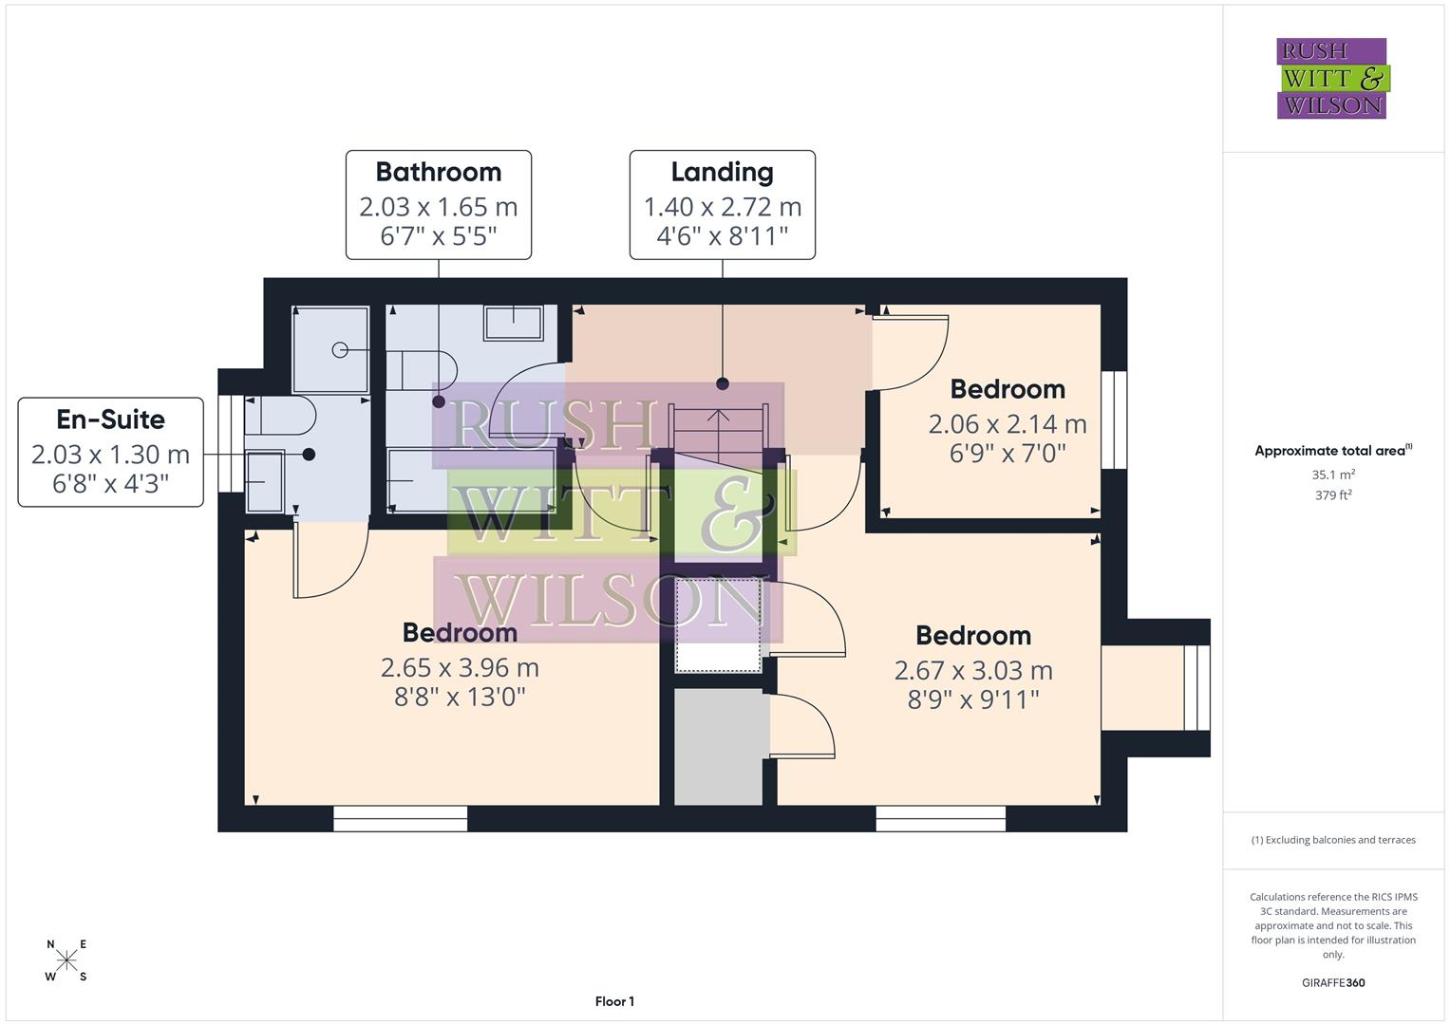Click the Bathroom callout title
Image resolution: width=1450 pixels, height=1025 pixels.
pyautogui.click(x=438, y=172)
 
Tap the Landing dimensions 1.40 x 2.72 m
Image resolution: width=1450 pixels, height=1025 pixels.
pyautogui.click(x=722, y=206)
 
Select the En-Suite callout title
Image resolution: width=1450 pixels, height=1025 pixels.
pyautogui.click(x=110, y=419)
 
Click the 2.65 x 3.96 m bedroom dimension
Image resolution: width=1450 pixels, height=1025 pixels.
pyautogui.click(x=460, y=668)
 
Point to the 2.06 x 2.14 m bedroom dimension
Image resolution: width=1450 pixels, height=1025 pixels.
pyautogui.click(x=1007, y=424)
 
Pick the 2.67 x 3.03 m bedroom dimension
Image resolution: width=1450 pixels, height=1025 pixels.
pyautogui.click(x=973, y=671)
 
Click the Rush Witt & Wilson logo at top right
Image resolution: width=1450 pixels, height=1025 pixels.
pyautogui.click(x=1331, y=79)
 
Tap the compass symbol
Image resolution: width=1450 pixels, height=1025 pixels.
pyautogui.click(x=66, y=960)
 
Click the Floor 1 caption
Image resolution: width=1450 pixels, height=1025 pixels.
pyautogui.click(x=614, y=1001)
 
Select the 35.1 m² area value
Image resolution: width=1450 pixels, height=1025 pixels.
pyautogui.click(x=1332, y=475)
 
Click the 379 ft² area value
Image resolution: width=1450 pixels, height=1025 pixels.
pyautogui.click(x=1332, y=495)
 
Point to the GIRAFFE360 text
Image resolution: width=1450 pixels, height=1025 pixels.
pyautogui.click(x=1332, y=982)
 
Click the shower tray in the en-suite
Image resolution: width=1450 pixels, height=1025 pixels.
pyautogui.click(x=330, y=349)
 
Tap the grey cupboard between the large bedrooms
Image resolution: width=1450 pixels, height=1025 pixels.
pyautogui.click(x=718, y=747)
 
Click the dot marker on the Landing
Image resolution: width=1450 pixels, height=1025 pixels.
pyautogui.click(x=723, y=383)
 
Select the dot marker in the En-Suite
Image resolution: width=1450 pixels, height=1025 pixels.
pyautogui.click(x=309, y=455)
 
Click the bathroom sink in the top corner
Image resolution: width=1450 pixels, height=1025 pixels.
pyautogui.click(x=514, y=322)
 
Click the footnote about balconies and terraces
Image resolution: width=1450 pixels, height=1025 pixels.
pyautogui.click(x=1332, y=840)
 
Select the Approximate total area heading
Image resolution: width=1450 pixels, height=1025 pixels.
pyautogui.click(x=1332, y=451)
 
